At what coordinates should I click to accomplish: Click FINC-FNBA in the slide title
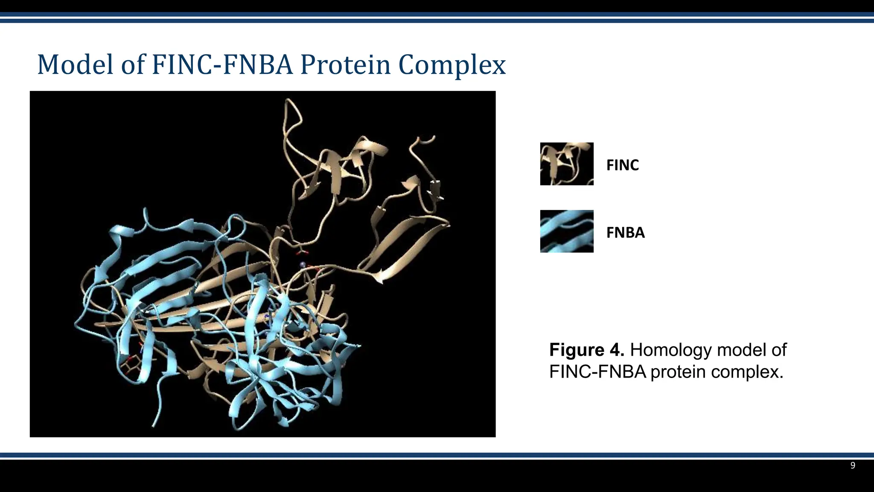pyautogui.click(x=222, y=65)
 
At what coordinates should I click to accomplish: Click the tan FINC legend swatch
pyautogui.click(x=566, y=164)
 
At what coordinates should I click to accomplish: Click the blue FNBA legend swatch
pyautogui.click(x=566, y=231)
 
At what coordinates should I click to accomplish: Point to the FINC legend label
pyautogui.click(x=622, y=165)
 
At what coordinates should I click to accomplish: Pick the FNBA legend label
pyautogui.click(x=625, y=233)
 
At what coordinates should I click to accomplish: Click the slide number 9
pyautogui.click(x=852, y=466)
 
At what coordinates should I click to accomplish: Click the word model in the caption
pyautogui.click(x=741, y=350)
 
